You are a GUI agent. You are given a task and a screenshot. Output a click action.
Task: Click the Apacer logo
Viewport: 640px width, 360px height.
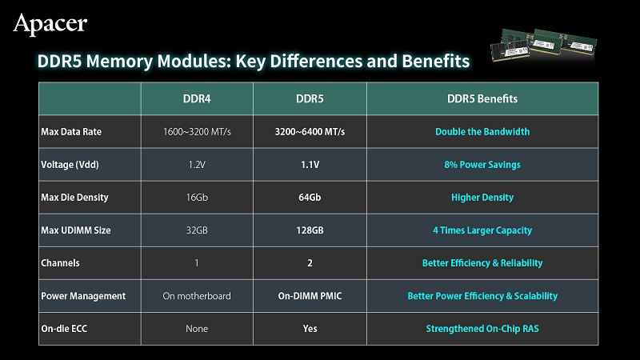click(x=50, y=24)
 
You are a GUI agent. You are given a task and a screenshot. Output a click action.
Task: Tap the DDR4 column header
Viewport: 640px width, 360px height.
click(x=197, y=98)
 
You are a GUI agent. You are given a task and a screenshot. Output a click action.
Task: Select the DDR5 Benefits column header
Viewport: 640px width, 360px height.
click(x=482, y=98)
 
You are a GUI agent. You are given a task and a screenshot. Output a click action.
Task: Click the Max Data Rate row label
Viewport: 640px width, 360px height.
click(x=71, y=132)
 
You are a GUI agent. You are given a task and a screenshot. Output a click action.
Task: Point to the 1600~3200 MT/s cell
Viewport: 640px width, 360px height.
click(x=197, y=132)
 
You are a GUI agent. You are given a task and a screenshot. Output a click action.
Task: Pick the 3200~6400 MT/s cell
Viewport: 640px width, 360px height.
click(x=310, y=132)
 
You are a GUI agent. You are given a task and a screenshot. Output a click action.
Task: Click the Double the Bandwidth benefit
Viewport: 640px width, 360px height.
click(x=482, y=132)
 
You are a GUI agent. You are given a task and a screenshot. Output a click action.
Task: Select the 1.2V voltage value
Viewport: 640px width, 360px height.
click(x=197, y=165)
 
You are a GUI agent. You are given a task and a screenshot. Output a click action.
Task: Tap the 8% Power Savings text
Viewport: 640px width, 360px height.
click(x=482, y=165)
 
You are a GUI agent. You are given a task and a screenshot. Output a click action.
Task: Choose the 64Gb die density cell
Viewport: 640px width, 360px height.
click(x=310, y=198)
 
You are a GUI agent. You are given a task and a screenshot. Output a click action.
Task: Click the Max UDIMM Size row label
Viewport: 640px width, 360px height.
click(x=75, y=230)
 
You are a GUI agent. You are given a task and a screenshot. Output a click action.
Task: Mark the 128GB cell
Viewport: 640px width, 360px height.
click(x=310, y=230)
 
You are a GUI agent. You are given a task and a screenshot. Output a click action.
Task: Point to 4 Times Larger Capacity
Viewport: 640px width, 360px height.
click(x=482, y=230)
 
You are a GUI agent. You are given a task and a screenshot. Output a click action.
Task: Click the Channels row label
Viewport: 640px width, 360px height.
click(x=60, y=263)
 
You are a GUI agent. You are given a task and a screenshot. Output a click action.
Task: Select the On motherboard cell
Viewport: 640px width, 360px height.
click(x=197, y=296)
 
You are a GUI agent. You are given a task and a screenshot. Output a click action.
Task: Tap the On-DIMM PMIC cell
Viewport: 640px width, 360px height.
click(x=310, y=296)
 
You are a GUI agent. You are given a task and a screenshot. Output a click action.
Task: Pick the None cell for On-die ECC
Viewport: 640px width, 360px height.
click(x=197, y=329)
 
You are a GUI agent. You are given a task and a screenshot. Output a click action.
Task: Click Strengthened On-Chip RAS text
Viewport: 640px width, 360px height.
click(x=482, y=329)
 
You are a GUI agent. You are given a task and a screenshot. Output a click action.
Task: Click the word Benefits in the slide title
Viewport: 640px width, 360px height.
click(x=436, y=62)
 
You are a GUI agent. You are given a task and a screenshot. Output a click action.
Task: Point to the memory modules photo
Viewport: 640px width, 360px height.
click(x=544, y=45)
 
